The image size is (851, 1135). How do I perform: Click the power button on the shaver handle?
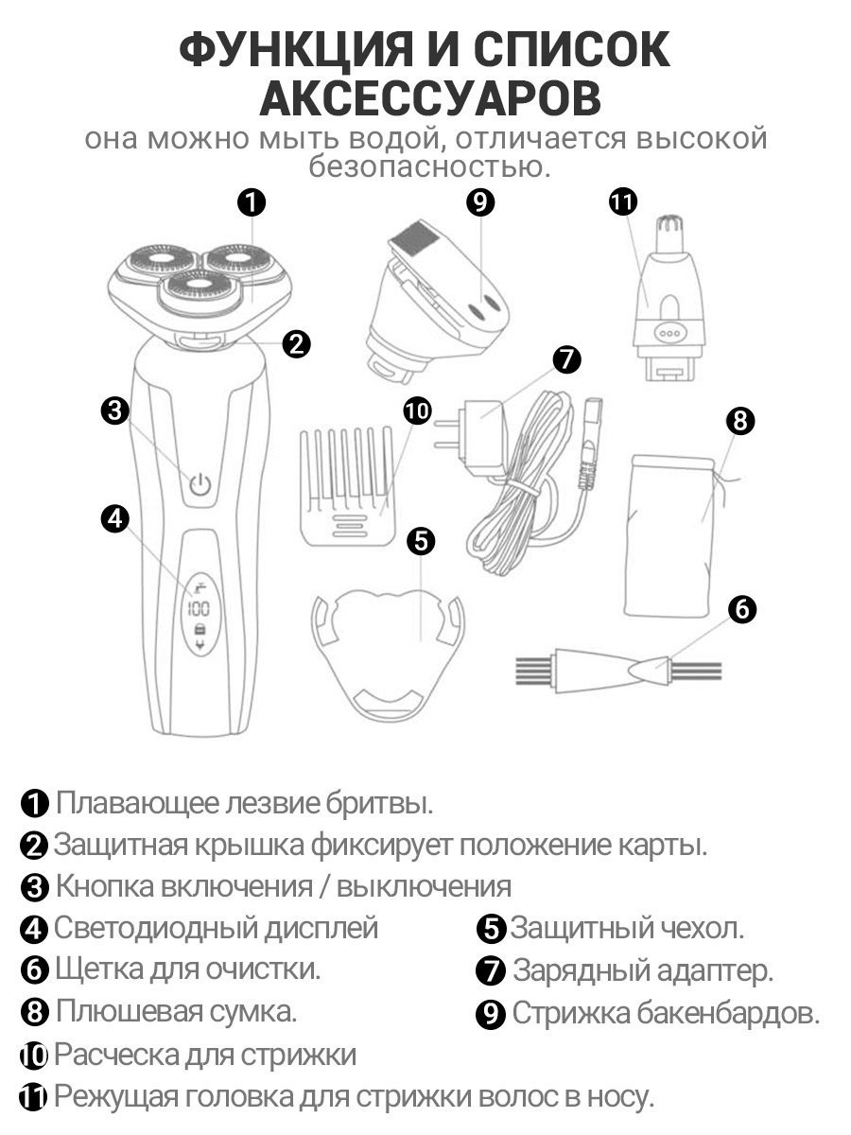199,486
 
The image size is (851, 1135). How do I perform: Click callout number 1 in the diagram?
251,201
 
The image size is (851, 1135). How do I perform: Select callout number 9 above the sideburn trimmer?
480,201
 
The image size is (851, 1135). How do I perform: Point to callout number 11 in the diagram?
623,201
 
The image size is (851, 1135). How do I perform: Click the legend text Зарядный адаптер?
643,970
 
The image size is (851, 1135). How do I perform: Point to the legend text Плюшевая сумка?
176,1011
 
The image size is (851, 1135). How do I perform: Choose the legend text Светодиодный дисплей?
217,928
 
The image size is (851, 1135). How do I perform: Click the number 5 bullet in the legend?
492,929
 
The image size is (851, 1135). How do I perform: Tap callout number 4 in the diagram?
114,517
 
